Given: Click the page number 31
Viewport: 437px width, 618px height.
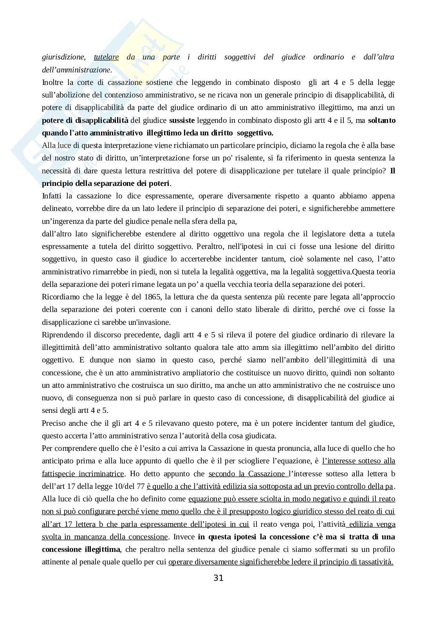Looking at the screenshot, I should click(x=218, y=578).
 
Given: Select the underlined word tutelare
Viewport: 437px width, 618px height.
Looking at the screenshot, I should click(x=107, y=57).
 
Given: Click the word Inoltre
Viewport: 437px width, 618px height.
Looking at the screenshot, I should click(x=54, y=82).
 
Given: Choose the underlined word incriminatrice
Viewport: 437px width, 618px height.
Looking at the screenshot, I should click(x=101, y=474).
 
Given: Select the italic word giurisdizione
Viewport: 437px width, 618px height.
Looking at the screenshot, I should click(x=63, y=57).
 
